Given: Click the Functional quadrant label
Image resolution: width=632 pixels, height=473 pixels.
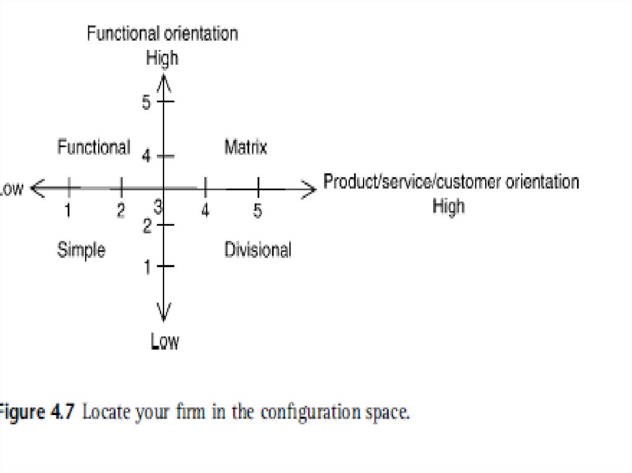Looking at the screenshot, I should click(x=94, y=148).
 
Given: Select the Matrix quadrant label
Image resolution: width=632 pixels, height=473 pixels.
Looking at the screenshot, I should click(x=246, y=148).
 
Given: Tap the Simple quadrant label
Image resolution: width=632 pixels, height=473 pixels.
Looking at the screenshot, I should click(x=81, y=250).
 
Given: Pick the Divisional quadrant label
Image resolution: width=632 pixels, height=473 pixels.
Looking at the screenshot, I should click(x=257, y=250).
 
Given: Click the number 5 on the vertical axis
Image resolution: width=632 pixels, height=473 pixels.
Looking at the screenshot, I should click(x=146, y=102).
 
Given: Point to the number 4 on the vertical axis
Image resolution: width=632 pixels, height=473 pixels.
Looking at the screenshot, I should click(x=146, y=157).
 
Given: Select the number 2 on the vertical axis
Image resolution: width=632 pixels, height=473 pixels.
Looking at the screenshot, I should click(x=147, y=227).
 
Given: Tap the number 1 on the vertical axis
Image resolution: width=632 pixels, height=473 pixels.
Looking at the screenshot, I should click(x=147, y=267).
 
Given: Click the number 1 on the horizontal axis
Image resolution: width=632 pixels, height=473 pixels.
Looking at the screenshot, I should click(x=69, y=211).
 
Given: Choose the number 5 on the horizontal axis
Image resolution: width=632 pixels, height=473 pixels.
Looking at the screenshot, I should click(x=258, y=211).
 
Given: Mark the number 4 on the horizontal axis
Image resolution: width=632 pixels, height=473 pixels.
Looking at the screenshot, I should click(x=206, y=211).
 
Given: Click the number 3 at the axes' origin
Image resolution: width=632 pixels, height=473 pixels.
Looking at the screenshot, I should click(x=158, y=208).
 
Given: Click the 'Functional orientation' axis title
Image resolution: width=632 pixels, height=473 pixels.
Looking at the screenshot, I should click(x=162, y=33).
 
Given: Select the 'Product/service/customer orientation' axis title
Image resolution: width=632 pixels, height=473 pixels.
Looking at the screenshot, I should click(x=451, y=182).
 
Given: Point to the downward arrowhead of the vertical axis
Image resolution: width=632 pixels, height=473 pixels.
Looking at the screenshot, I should click(x=164, y=314).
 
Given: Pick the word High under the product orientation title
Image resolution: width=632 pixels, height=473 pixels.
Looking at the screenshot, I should click(x=448, y=205).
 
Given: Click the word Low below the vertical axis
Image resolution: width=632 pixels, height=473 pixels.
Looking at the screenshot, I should click(x=165, y=341).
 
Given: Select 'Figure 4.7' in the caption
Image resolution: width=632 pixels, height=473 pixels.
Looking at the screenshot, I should click(x=37, y=412).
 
